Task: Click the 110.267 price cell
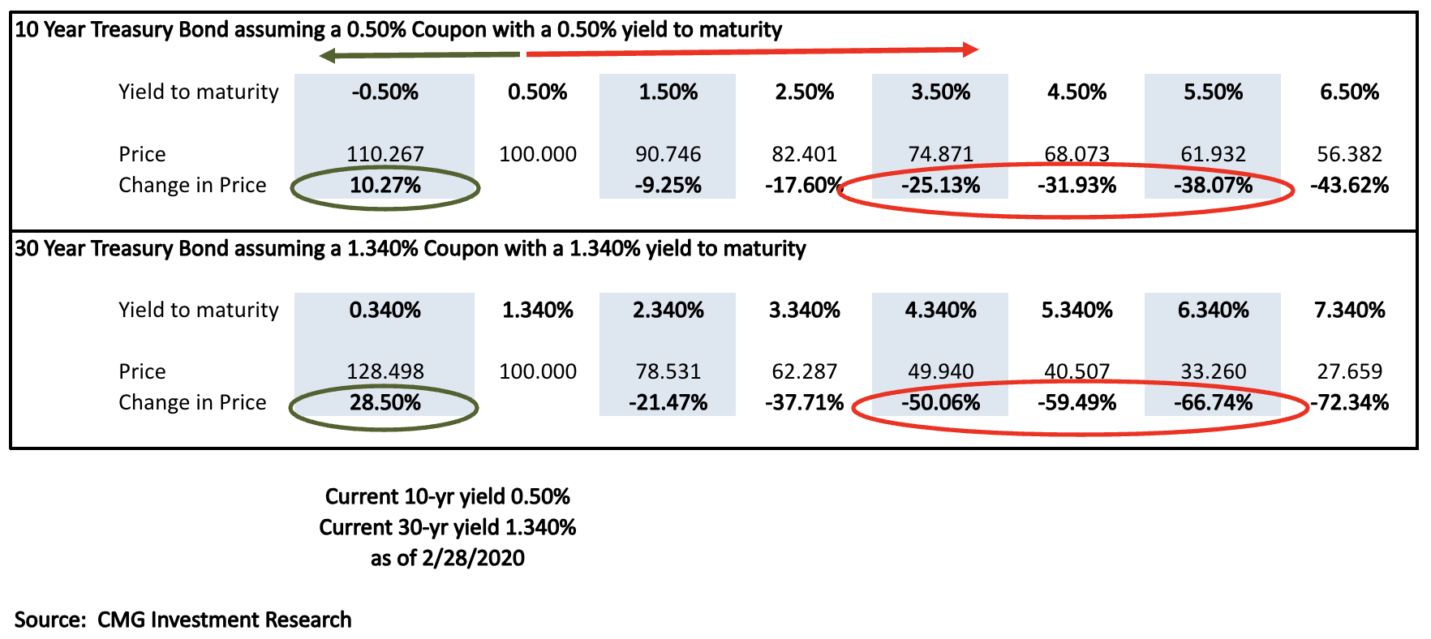[x=385, y=154]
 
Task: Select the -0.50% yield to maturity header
[x=385, y=92]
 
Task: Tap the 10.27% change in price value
[x=385, y=186]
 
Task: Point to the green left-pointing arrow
[x=419, y=55]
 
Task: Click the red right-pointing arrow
[x=752, y=51]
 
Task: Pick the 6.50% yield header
[x=1350, y=92]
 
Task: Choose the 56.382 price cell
[x=1350, y=154]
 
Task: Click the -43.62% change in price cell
[x=1350, y=186]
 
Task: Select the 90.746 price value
[x=668, y=154]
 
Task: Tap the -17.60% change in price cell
[x=805, y=186]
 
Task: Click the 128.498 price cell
[x=385, y=371]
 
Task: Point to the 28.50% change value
[x=385, y=403]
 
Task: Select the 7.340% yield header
[x=1350, y=310]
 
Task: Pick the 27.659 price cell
[x=1350, y=371]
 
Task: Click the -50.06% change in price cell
[x=941, y=403]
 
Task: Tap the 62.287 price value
[x=805, y=371]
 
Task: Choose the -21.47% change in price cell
[x=668, y=403]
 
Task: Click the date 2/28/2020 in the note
[x=474, y=558]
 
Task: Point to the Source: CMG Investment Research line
[x=183, y=620]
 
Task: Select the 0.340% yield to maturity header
[x=385, y=310]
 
